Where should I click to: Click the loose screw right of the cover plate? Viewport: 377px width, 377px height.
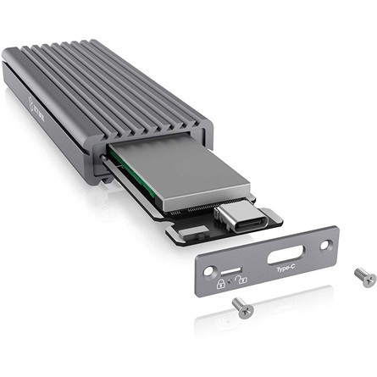point(365,275)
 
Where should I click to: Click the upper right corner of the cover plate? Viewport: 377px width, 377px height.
point(335,230)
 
